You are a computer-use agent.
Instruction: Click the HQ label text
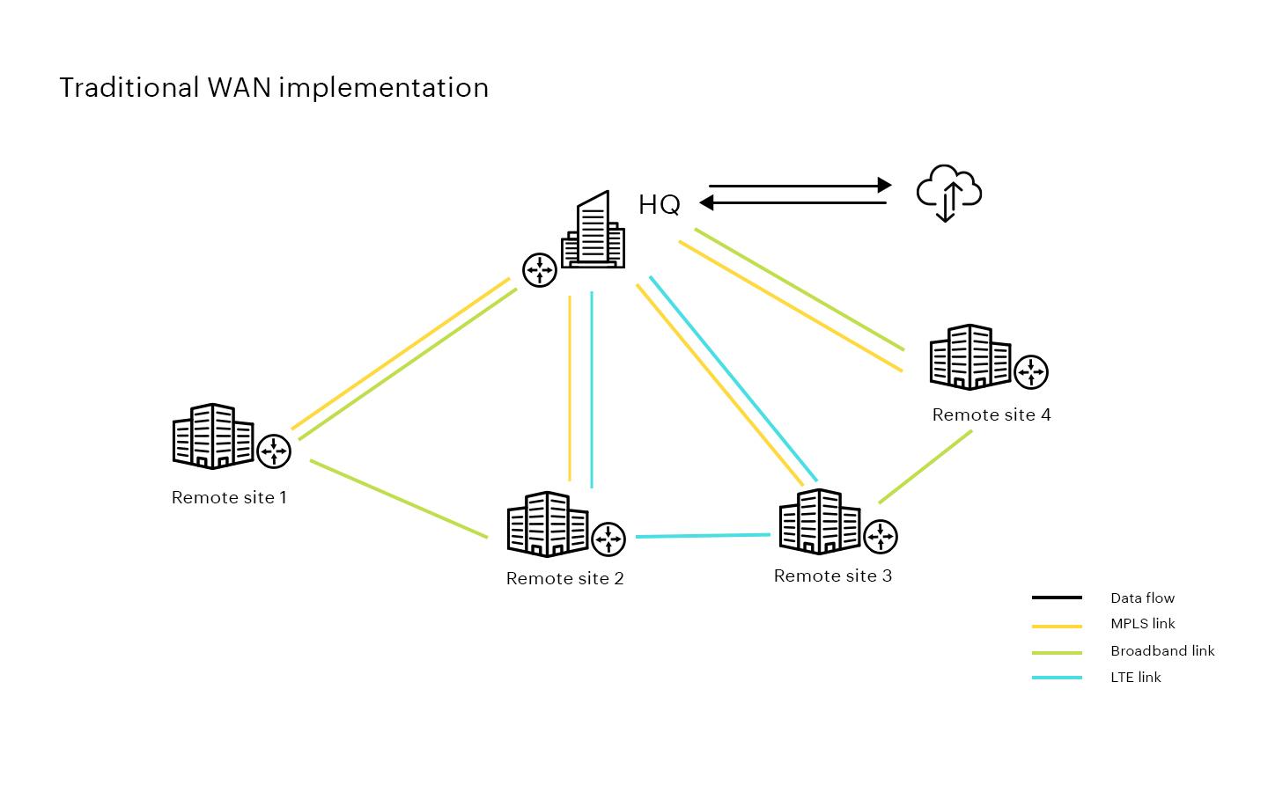point(659,205)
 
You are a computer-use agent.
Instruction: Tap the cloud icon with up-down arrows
point(948,193)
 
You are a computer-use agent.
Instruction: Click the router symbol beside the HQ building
point(539,270)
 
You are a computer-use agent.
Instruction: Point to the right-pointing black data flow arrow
point(800,186)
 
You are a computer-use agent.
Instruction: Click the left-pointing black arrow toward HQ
point(792,203)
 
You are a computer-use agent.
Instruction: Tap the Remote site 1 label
point(229,497)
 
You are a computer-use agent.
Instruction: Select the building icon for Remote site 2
point(547,524)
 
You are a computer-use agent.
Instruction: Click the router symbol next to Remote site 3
point(880,536)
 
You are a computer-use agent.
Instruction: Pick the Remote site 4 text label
point(991,414)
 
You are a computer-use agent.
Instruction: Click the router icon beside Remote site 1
point(274,451)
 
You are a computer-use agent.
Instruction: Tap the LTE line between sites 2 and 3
point(703,535)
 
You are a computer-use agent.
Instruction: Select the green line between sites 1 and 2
point(398,498)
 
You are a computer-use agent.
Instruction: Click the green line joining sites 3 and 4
point(925,466)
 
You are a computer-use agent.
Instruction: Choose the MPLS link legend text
point(1142,624)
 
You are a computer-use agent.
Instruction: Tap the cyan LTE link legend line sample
point(1057,678)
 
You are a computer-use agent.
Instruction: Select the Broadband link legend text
point(1161,651)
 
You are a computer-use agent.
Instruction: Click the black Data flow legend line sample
point(1057,598)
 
